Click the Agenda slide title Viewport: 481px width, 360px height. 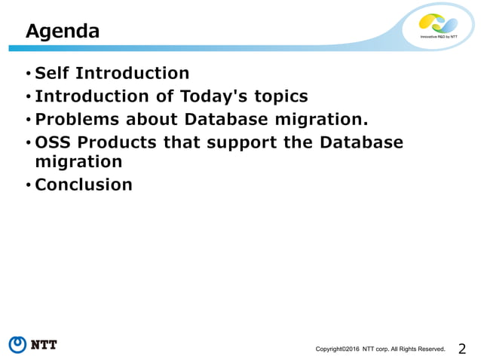click(x=63, y=32)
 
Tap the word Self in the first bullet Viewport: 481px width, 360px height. click(x=53, y=73)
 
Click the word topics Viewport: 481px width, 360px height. click(x=280, y=96)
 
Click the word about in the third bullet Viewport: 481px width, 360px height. click(x=148, y=119)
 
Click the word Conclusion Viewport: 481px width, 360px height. click(x=84, y=185)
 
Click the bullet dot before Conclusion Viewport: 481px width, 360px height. click(x=28, y=185)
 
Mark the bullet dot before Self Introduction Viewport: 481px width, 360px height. click(x=28, y=74)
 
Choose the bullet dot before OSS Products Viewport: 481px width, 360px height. click(x=28, y=143)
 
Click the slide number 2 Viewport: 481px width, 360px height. click(x=462, y=348)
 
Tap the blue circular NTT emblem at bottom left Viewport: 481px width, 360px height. click(x=18, y=345)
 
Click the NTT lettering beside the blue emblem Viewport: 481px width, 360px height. click(x=44, y=345)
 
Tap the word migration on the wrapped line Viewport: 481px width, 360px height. click(x=78, y=162)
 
